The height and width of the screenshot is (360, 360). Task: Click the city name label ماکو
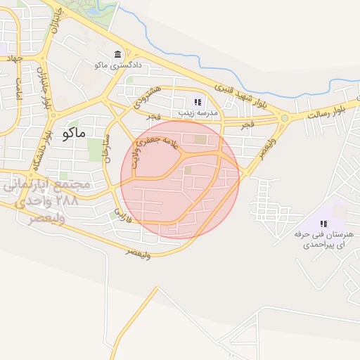[x=74, y=132]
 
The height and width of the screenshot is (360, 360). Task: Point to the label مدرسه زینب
[x=197, y=112]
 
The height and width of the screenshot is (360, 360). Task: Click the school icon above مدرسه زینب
[x=197, y=102]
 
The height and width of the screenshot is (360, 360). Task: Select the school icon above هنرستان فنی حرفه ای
[x=323, y=224]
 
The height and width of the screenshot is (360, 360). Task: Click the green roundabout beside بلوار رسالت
[x=284, y=118]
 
